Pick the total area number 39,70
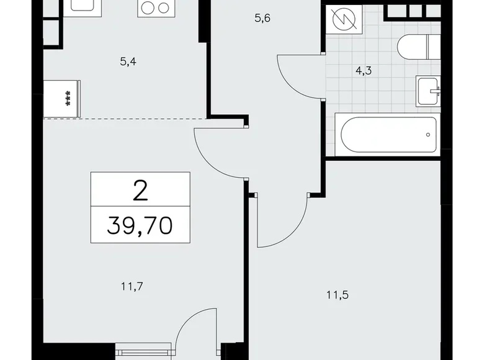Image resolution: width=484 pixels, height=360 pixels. tap(140, 223)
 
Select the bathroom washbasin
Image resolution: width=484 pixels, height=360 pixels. tap(428, 91)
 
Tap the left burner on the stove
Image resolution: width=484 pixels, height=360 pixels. tap(148, 8)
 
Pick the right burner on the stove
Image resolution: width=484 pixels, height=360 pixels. tap(164, 8)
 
